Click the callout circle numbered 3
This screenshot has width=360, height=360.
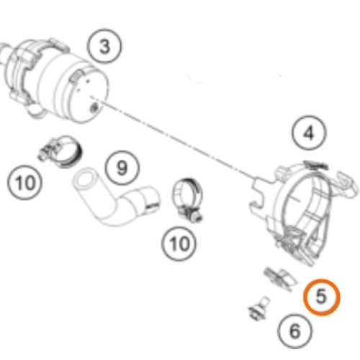pyautogui.click(x=104, y=46)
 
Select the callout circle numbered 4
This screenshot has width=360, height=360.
pyautogui.click(x=310, y=132)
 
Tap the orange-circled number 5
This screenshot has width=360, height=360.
pyautogui.click(x=322, y=297)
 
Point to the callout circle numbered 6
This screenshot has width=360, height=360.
pyautogui.click(x=295, y=331)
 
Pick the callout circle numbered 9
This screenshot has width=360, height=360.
pyautogui.click(x=122, y=168)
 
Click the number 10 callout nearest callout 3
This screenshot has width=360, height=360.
pyautogui.click(x=24, y=182)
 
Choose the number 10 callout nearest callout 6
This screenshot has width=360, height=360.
pyautogui.click(x=179, y=244)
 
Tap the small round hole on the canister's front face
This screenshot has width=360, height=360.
pyautogui.click(x=94, y=108)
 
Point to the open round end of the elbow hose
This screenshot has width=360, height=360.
pyautogui.click(x=85, y=179)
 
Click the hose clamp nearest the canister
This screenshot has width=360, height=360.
pyautogui.click(x=61, y=151)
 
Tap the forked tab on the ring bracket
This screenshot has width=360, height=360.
pyautogui.click(x=261, y=194)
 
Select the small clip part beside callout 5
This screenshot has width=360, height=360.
pyautogui.click(x=280, y=279)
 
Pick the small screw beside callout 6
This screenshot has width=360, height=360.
pyautogui.click(x=259, y=308)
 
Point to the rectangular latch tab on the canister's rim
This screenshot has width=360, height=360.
pyautogui.click(x=76, y=77)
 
